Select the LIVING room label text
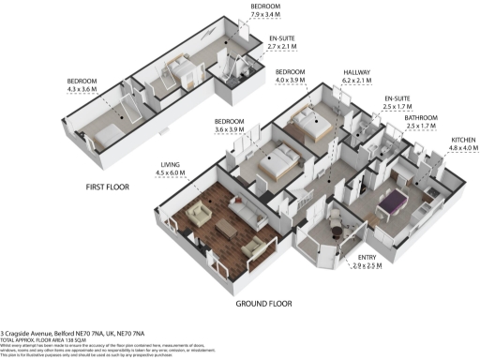[x=169, y=163]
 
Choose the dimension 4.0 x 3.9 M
[x=292, y=80]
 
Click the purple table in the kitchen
[x=391, y=200]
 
